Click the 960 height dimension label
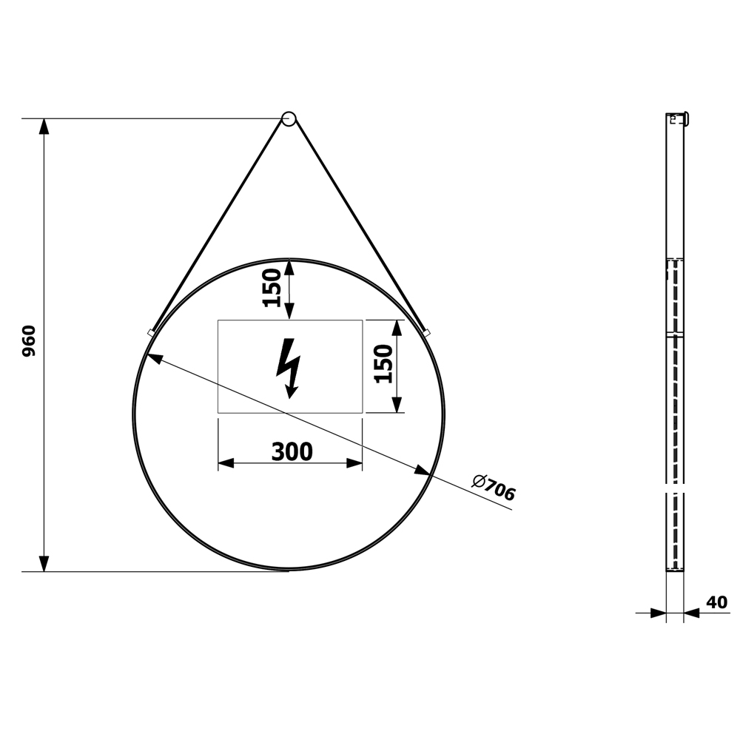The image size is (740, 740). [30, 340]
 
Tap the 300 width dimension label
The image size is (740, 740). [292, 451]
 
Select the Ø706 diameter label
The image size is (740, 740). [494, 488]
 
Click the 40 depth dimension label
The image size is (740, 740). [717, 602]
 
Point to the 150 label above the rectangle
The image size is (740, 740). [272, 287]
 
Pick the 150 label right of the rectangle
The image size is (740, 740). [383, 363]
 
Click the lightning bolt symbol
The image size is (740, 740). [289, 368]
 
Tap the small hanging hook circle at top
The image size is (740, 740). [289, 118]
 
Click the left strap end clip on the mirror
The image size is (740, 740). [151, 333]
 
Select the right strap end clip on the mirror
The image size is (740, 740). [427, 333]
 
